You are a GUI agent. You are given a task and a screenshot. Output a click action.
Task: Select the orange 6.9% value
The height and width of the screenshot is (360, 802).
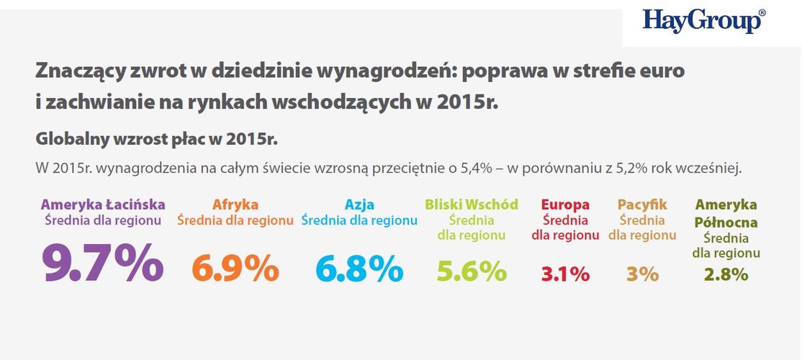pos(235,269)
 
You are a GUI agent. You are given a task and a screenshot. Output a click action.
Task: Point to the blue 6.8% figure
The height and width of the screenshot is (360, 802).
pos(359,269)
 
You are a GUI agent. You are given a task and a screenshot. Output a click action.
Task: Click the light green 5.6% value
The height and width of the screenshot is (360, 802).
pos(472,271)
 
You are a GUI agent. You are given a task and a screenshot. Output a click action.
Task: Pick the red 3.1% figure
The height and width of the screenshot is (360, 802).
pos(565,274)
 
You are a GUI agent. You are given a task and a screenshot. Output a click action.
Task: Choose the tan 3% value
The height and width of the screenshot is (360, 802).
pos(642,274)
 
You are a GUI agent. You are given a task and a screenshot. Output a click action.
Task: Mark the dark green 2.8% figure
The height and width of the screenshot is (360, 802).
pos(726,274)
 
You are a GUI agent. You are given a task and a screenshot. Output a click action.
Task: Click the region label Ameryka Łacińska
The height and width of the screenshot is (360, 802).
pos(103,204)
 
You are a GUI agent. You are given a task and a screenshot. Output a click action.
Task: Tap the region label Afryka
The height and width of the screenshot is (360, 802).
pos(235,204)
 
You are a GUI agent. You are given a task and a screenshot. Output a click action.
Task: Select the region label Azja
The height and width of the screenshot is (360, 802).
pos(359,204)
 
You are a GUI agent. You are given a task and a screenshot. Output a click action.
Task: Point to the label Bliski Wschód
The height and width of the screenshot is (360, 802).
pos(472,204)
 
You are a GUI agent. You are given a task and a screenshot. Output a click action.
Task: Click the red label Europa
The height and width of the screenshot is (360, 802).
pos(565,204)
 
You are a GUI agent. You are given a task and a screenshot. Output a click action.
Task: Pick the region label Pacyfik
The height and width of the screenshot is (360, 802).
pos(642,204)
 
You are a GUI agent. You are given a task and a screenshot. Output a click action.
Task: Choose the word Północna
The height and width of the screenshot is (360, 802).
pos(726,222)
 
